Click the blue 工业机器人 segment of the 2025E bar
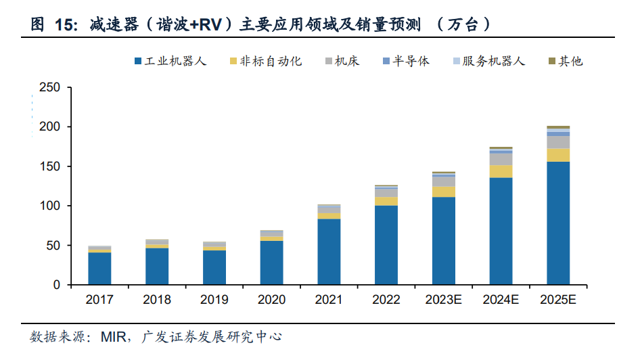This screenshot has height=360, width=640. pos(558,223)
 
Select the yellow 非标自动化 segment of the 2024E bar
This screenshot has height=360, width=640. pos(501,171)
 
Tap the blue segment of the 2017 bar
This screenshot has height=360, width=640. pos(99,268)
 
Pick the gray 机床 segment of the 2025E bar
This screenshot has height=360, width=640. pos(558,142)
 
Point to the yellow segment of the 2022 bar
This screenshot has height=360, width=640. pos(386,201)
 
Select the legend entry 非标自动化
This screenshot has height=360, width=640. pos(271,62)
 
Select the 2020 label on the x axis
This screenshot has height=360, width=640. pos(271,299)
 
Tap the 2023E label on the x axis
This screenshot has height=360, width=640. pos(443,299)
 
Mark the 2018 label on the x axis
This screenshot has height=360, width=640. pos(157,299)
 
